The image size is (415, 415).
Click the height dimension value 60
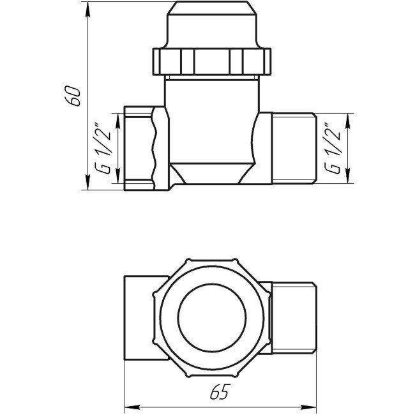pyautogui.click(x=75, y=94)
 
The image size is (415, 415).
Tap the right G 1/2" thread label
pyautogui.click(x=333, y=148)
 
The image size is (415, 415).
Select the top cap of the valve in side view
pyautogui.click(x=213, y=25)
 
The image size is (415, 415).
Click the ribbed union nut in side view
pyautogui.click(x=213, y=61)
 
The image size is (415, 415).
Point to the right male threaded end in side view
pyautogui.click(x=294, y=148)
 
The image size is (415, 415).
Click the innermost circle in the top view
pyautogui.click(x=213, y=316)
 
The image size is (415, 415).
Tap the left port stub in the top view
pyautogui.click(x=144, y=315)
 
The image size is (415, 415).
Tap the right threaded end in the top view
pyautogui.click(x=294, y=315)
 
